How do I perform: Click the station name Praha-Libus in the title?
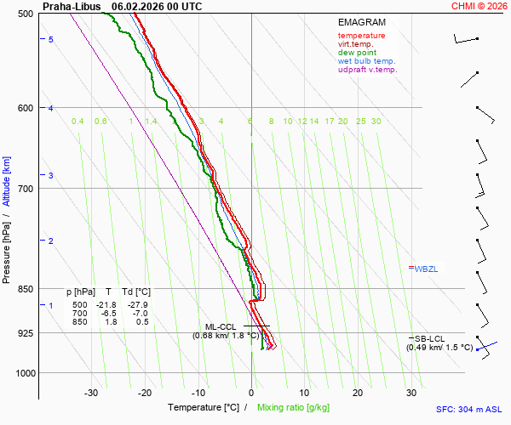coord(72,6)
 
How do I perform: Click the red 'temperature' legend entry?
coord(361,36)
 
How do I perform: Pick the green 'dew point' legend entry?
coord(359,53)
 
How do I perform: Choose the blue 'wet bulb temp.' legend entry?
coord(366,61)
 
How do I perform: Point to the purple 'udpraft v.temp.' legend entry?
coord(368,70)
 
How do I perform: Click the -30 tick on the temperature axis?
coord(91,393)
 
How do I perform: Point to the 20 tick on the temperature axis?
coord(358,393)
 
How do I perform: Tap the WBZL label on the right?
coord(428,269)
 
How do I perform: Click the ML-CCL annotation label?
coord(221,326)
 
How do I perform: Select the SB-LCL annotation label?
coord(427,338)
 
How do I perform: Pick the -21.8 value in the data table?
coord(106,304)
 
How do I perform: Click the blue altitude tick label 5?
coord(51,40)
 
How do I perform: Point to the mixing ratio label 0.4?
coord(78,122)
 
